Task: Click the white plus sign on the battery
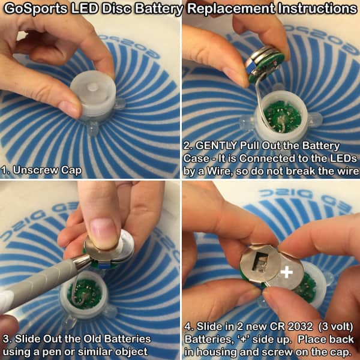point(287,272)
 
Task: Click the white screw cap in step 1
point(93,97)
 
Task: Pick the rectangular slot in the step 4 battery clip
point(259,263)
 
